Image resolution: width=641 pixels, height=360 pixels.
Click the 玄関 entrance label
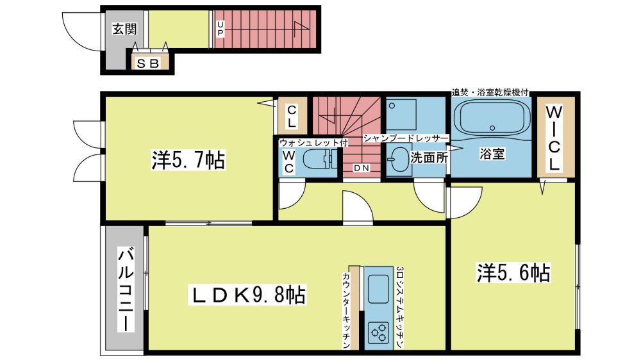(x=124, y=29)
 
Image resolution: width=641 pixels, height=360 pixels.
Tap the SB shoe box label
(x=147, y=64)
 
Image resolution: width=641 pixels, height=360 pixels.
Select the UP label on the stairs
(x=221, y=29)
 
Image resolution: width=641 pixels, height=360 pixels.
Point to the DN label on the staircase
(x=361, y=168)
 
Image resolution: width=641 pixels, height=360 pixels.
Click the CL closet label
(x=292, y=117)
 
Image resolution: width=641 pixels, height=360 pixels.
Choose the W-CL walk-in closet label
(x=554, y=138)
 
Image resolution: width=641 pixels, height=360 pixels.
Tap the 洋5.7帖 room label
(x=188, y=160)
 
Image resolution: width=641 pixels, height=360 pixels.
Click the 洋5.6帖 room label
(x=513, y=272)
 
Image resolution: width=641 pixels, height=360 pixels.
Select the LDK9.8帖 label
(x=247, y=295)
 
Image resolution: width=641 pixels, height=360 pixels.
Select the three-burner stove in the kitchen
(x=379, y=332)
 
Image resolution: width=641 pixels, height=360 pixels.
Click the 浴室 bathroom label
(x=492, y=154)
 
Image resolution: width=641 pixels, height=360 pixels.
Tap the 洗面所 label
(x=429, y=158)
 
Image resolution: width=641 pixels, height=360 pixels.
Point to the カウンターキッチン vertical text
(x=346, y=310)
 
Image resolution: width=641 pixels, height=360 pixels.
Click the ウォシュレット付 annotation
(x=313, y=143)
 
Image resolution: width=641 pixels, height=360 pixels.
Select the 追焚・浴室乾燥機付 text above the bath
(x=490, y=92)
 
